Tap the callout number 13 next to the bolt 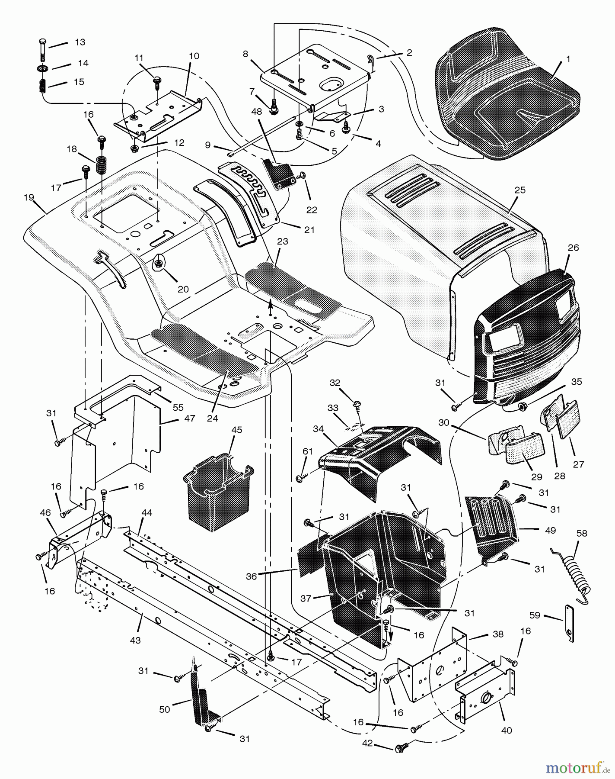(80, 42)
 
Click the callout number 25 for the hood (520, 190)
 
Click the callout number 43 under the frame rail (135, 640)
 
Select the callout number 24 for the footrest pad (212, 418)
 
